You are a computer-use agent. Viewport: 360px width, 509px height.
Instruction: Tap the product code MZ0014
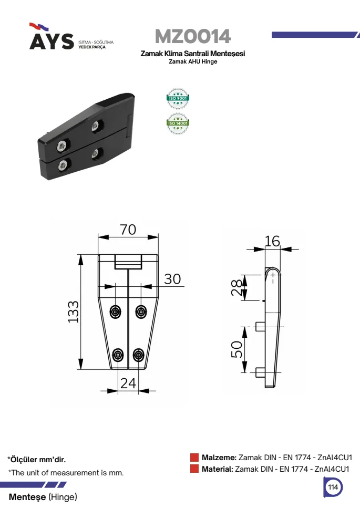(193, 36)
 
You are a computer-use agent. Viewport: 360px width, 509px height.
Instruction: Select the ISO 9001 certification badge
(178, 98)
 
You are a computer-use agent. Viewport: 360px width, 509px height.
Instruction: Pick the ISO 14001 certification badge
(178, 123)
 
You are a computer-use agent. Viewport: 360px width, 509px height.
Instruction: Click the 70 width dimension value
(128, 230)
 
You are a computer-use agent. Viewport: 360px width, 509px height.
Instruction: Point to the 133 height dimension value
(74, 311)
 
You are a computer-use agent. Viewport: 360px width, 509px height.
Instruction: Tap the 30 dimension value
(172, 279)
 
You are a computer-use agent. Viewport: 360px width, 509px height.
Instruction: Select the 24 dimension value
(128, 383)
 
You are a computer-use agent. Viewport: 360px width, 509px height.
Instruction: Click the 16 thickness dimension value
(272, 241)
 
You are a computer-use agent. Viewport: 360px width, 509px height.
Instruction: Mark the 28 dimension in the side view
(236, 287)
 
